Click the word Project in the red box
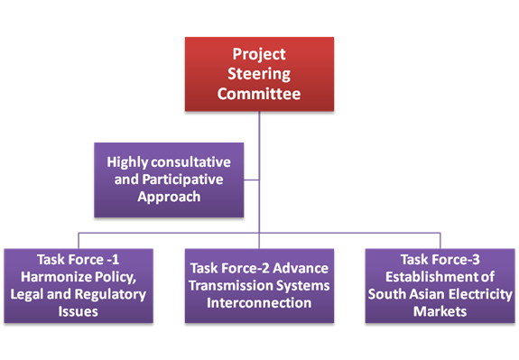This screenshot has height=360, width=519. pos(259,56)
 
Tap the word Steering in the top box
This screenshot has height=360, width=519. pos(259,74)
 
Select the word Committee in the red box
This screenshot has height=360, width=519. pos(259,92)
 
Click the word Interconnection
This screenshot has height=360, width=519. pos(258,303)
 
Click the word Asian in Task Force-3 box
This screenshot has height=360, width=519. pos(421,294)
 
